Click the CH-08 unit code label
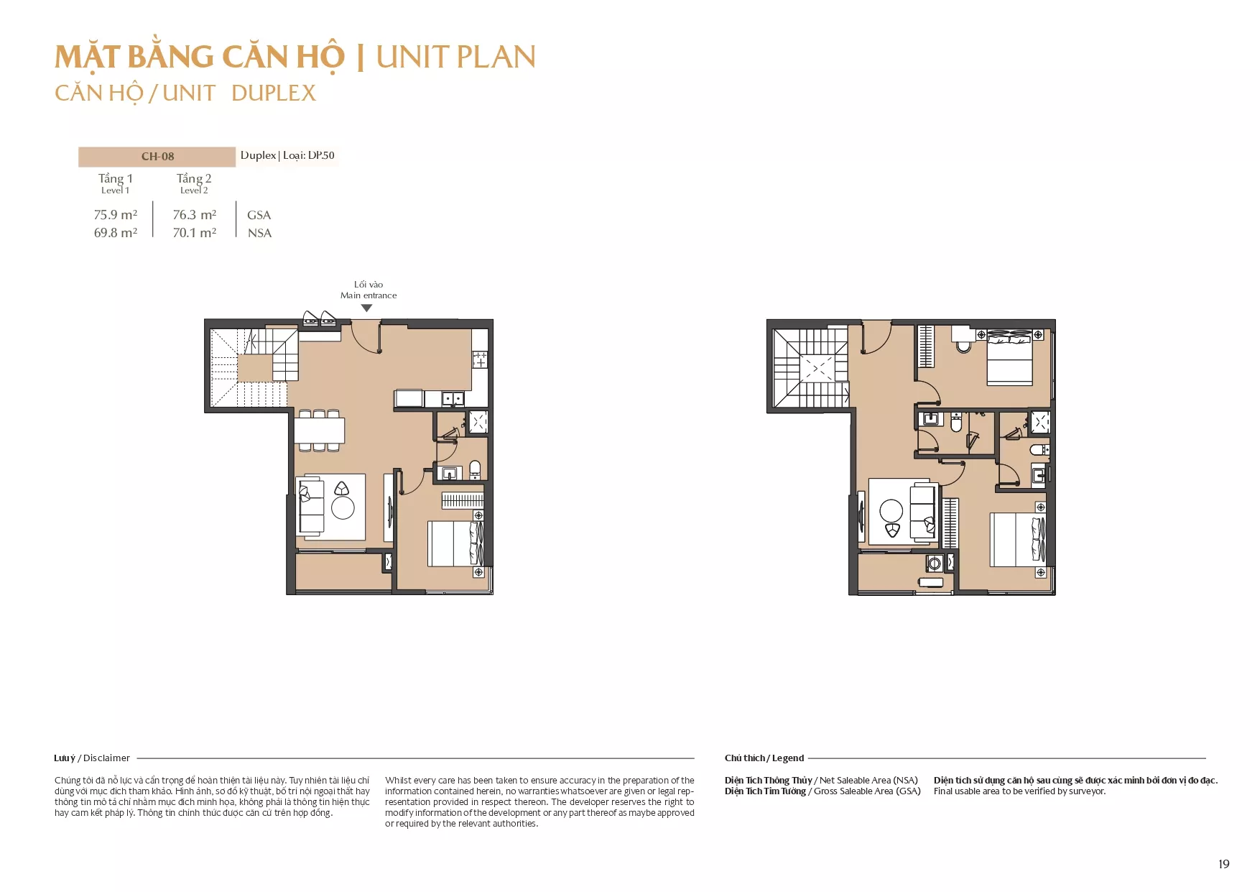[157, 157]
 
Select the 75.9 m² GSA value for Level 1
[116, 215]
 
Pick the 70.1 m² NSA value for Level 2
[195, 233]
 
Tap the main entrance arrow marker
[366, 308]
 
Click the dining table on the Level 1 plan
[319, 431]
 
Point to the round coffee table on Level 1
[343, 508]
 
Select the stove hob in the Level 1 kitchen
[480, 359]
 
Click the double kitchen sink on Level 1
[453, 398]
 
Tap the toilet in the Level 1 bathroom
[475, 469]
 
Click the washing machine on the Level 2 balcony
[935, 563]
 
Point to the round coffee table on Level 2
[891, 511]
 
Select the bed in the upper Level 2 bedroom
[1010, 358]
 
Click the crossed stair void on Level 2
[817, 369]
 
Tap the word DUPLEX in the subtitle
[274, 93]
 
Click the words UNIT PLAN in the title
[456, 58]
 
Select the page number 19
[1224, 864]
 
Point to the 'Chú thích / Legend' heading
[764, 758]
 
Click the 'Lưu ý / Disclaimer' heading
[92, 758]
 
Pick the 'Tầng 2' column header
[194, 179]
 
